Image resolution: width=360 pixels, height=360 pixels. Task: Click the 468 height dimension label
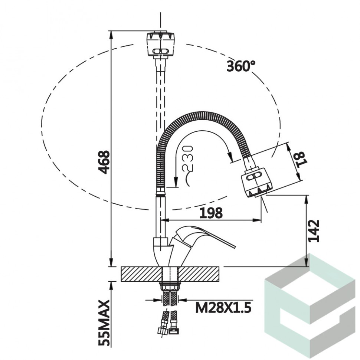104,162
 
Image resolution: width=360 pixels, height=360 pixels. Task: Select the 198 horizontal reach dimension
211,213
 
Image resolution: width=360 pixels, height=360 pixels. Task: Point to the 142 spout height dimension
314,231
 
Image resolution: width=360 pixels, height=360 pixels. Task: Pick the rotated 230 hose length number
187,158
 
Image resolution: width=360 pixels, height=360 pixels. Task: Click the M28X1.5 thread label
223,307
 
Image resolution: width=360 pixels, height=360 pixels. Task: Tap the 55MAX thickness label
104,323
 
